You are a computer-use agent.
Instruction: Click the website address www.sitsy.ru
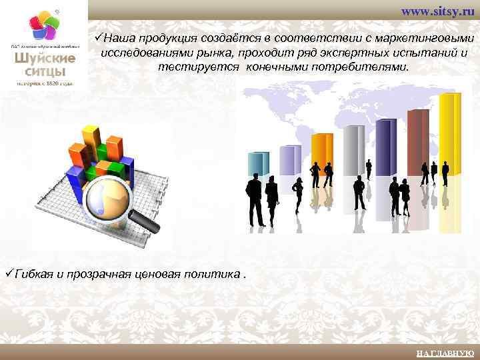click(437, 13)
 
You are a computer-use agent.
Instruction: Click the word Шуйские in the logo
click(45, 58)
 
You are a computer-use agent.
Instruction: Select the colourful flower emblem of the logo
click(45, 27)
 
